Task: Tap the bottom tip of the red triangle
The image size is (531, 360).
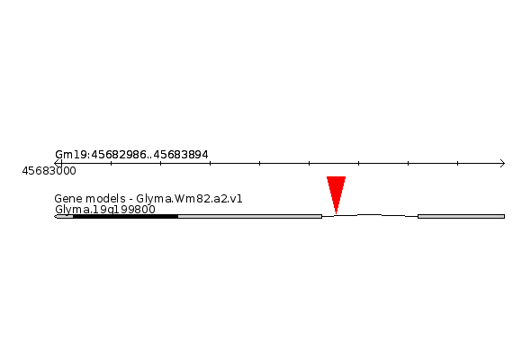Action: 336,213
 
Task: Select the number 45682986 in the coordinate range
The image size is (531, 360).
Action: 119,155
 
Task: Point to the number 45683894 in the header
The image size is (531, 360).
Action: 181,155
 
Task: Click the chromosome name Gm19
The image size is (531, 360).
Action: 71,155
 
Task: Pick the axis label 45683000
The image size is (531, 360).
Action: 49,171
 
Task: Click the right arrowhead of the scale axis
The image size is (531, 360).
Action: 502,163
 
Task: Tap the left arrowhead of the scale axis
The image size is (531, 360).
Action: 57,163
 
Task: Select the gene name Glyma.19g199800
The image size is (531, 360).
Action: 105,210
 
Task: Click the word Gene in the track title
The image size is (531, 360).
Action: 67,199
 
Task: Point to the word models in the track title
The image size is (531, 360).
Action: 103,199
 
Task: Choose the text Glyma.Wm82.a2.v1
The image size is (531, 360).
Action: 189,199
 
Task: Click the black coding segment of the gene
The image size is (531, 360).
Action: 126,216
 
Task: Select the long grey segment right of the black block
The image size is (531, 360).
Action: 250,216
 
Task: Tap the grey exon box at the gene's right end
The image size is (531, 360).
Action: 461,216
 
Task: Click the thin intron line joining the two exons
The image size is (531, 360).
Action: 370,215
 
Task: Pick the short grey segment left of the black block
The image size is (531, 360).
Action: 64,216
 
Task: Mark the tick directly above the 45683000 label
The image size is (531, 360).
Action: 61,163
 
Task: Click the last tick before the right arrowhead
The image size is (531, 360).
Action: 457,163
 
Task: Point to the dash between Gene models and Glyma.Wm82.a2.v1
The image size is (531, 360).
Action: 130,199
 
